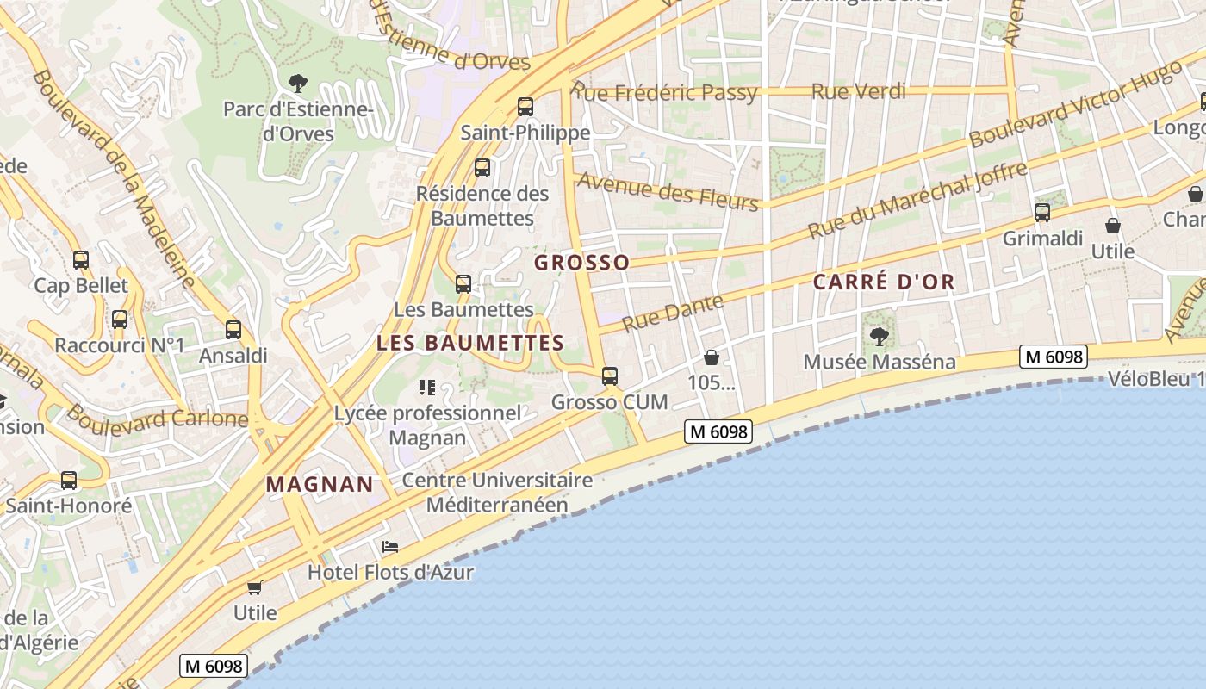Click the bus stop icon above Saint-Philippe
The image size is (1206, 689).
coord(525,107)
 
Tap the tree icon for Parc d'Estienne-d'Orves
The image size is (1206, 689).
coord(298,84)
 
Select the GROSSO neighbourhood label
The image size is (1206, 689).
coord(582,263)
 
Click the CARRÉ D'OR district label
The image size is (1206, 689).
coord(884,282)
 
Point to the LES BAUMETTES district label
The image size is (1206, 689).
coord(470,343)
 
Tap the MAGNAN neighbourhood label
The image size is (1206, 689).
coord(320,484)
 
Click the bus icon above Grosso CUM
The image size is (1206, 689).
coord(610,376)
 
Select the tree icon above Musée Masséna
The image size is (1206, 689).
coord(879,336)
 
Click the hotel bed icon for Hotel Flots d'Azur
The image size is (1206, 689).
coord(390,547)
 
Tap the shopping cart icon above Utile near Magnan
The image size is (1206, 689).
coord(254,587)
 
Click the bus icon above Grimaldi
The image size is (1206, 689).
coord(1042,213)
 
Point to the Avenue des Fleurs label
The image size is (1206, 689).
coord(668,190)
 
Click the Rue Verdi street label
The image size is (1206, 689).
coord(859,91)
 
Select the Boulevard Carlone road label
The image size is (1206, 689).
coord(158,419)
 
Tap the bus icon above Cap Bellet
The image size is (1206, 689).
coord(81,259)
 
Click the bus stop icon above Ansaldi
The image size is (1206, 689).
coord(233,330)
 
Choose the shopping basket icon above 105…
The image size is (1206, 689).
coord(712,357)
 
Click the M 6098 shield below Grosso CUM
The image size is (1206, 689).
coord(718,431)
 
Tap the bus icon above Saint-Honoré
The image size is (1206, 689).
coord(69,480)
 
